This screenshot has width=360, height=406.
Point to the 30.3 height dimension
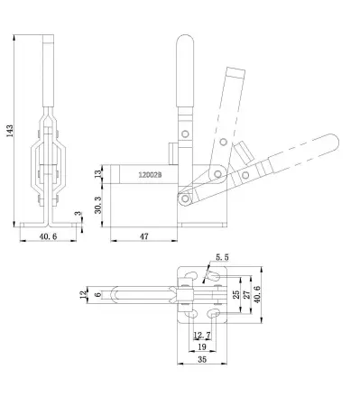[x=99, y=205]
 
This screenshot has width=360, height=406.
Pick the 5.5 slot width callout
[x=224, y=258]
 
